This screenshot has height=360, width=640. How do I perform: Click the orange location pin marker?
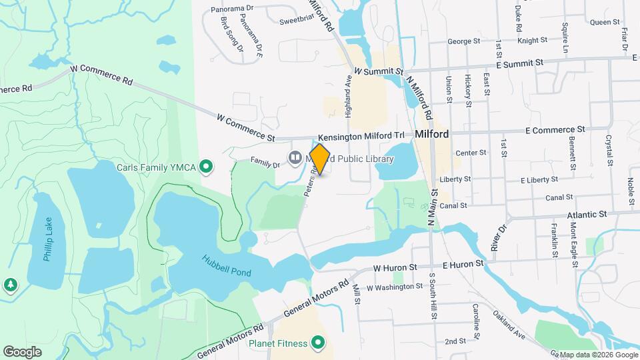point(320,159)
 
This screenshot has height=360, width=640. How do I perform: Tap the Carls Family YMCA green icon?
point(207,166)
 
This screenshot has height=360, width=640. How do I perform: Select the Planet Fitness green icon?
point(318,344)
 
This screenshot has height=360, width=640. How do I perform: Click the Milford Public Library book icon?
point(295,157)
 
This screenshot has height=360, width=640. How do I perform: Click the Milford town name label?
point(432,134)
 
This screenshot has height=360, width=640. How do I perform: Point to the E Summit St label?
point(521,63)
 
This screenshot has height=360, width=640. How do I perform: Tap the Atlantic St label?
point(586,215)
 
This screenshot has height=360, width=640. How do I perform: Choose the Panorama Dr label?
point(233,9)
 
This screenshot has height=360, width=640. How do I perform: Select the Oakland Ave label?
point(510,324)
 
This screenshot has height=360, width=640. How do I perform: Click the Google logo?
point(22,351)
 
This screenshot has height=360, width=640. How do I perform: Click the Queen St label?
point(605,22)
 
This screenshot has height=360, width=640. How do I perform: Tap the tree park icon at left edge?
point(10,285)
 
